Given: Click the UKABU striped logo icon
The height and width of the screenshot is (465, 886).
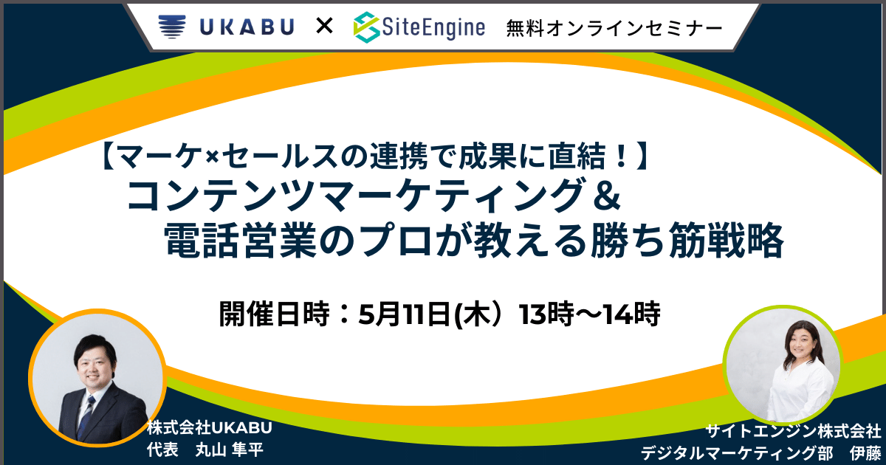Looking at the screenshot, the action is pos(171,27).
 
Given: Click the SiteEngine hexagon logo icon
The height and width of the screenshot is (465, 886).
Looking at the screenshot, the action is pos(367,27).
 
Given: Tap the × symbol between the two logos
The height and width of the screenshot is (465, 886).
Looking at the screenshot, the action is pos(324,27).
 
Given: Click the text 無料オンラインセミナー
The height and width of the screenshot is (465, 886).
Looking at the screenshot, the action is pos(614,29).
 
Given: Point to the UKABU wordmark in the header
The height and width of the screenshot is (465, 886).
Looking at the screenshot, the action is pos(247,27).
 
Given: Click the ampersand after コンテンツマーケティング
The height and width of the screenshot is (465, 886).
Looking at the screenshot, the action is pos(606,195).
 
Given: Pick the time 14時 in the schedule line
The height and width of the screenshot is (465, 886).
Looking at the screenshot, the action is pos(633,314).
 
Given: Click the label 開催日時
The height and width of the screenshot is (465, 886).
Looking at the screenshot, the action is pos(274,314).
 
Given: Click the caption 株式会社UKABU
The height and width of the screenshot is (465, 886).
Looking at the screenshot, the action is pos(210,428).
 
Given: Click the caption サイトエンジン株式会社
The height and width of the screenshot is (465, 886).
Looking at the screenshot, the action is pos(794,431).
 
